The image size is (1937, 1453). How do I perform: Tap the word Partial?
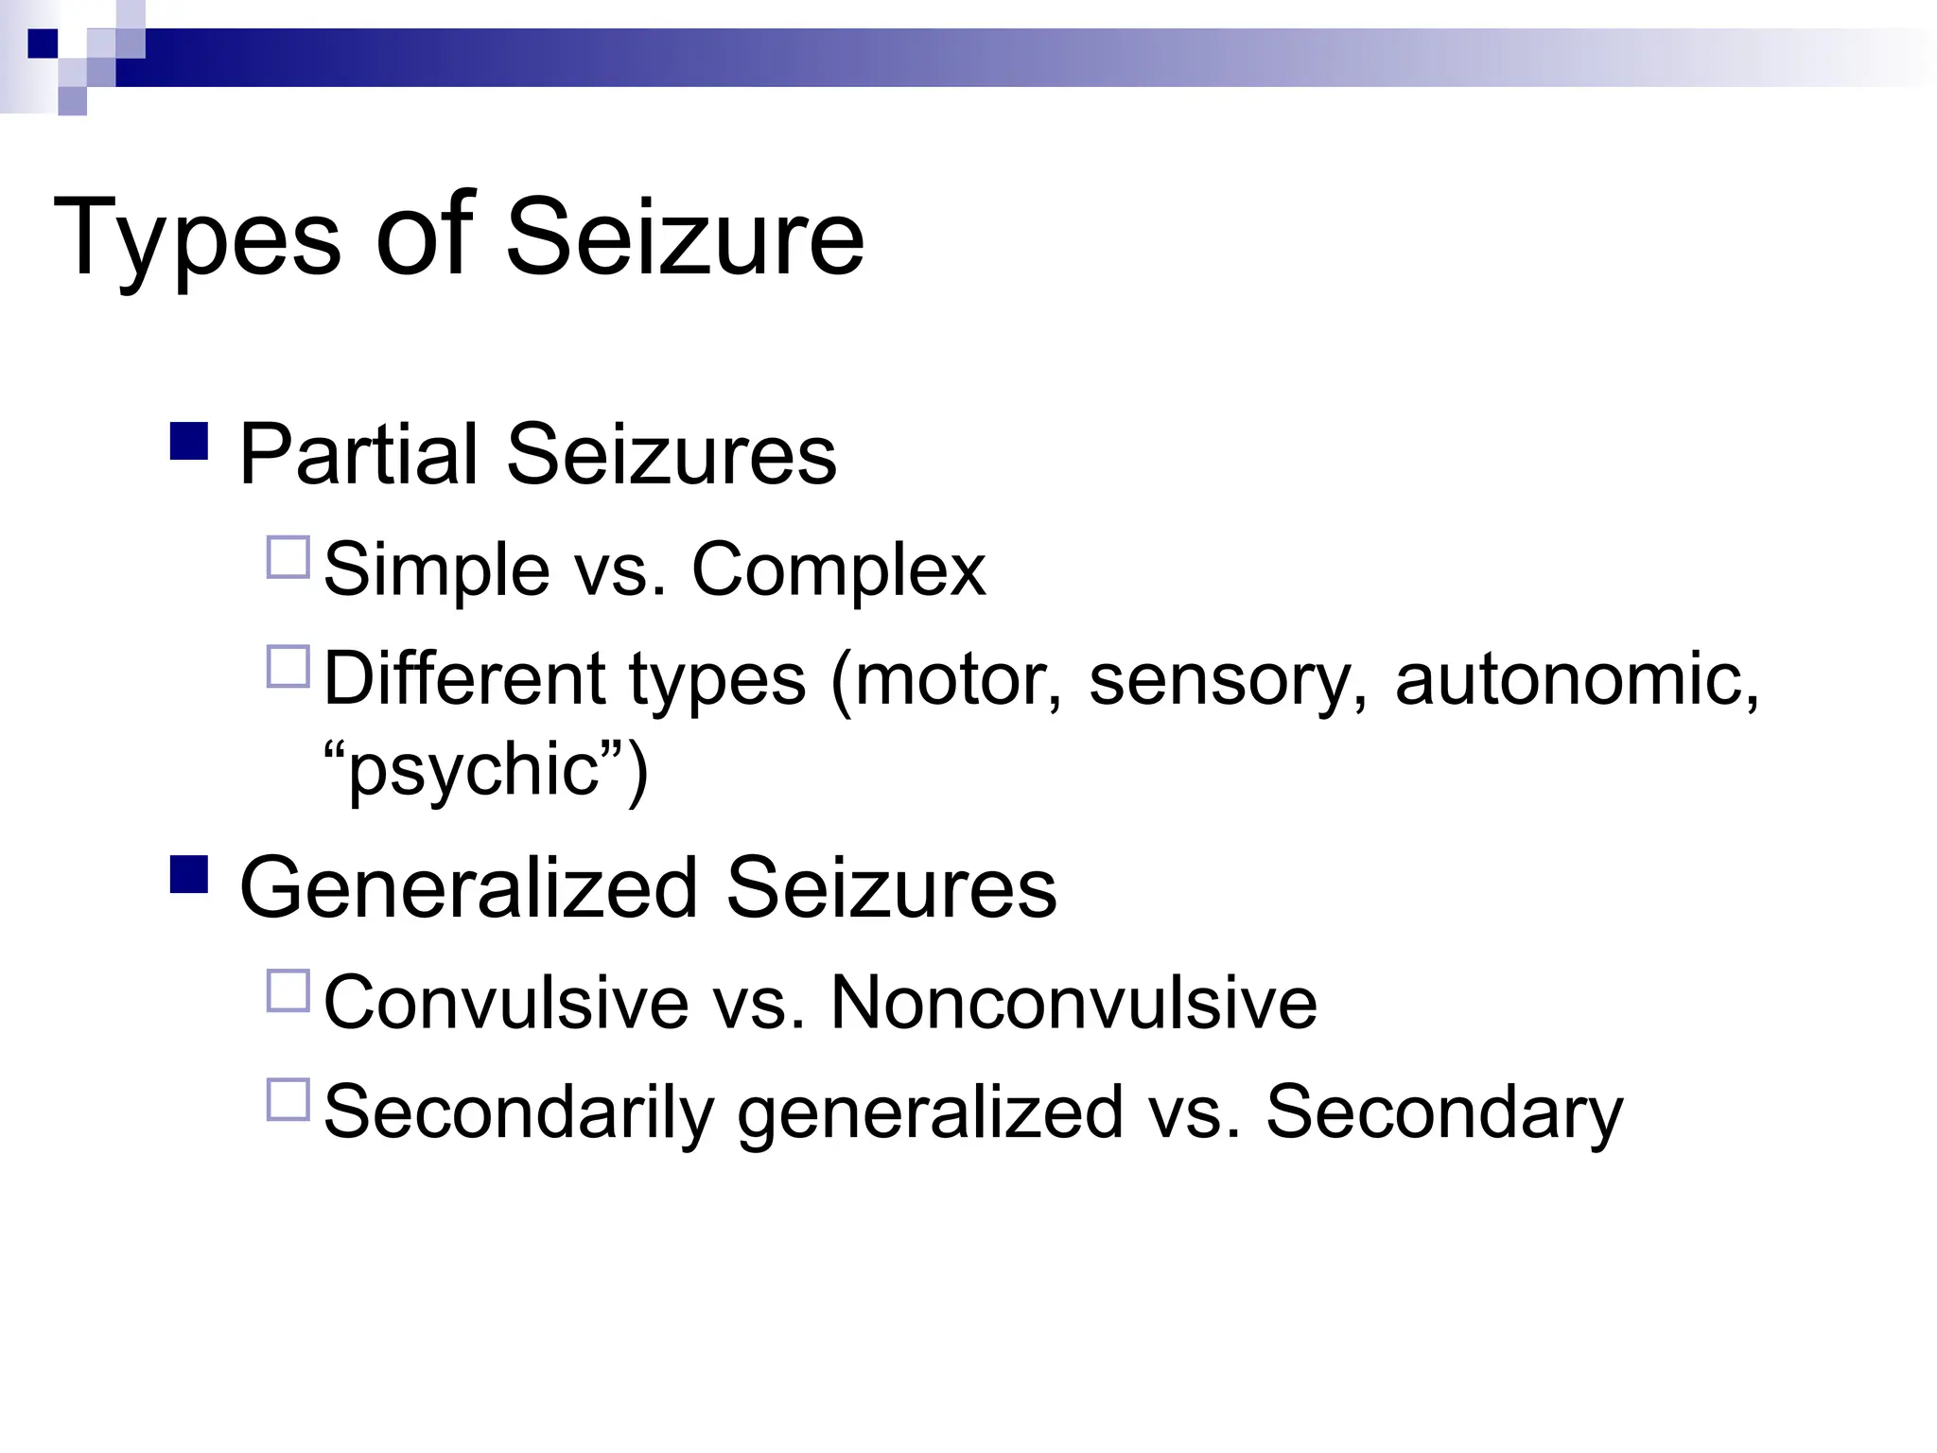[358, 454]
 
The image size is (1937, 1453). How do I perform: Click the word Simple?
[437, 570]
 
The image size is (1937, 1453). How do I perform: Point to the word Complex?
[839, 570]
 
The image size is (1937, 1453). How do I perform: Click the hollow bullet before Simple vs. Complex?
[288, 558]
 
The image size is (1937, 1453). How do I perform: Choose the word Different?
[464, 678]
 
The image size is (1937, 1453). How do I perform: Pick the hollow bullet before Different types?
[288, 667]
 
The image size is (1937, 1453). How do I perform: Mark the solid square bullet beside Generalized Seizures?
[189, 874]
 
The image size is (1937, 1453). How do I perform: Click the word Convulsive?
[506, 1003]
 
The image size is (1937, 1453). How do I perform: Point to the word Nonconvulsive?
[1073, 1003]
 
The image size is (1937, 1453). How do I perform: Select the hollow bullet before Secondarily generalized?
[288, 1100]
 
